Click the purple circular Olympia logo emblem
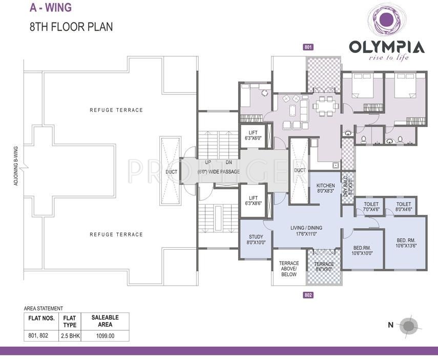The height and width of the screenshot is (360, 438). (386, 21)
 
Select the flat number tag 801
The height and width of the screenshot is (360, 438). (308, 47)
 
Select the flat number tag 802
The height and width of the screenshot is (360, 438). (308, 295)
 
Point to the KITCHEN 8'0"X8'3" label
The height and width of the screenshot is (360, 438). (325, 188)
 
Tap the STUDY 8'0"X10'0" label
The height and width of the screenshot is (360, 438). (257, 239)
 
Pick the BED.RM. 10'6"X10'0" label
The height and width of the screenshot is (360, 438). (363, 250)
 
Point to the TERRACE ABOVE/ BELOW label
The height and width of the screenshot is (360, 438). (289, 269)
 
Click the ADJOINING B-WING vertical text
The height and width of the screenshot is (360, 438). (16, 167)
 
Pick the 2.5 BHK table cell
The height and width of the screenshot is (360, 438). (70, 336)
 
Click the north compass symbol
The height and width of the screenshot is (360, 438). (409, 325)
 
